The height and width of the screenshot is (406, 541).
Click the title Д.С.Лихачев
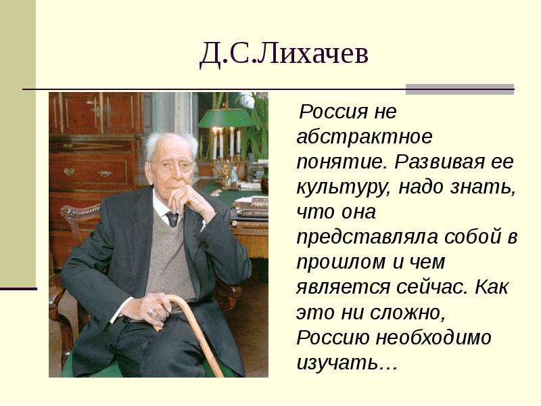point(284,54)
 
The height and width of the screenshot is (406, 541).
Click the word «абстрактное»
point(364,137)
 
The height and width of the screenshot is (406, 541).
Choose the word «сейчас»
point(432,287)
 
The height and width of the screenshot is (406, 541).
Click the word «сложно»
point(408,313)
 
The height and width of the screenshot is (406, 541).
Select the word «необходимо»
point(433,337)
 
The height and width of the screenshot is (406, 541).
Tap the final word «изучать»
point(341,363)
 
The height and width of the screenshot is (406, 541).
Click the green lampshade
point(226,117)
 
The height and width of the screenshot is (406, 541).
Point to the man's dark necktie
point(172,219)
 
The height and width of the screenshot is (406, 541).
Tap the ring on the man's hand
point(151,313)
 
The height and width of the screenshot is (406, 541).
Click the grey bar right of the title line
point(460,89)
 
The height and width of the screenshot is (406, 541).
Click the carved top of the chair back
point(80,211)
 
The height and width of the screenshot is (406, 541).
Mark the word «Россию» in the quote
point(332,338)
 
